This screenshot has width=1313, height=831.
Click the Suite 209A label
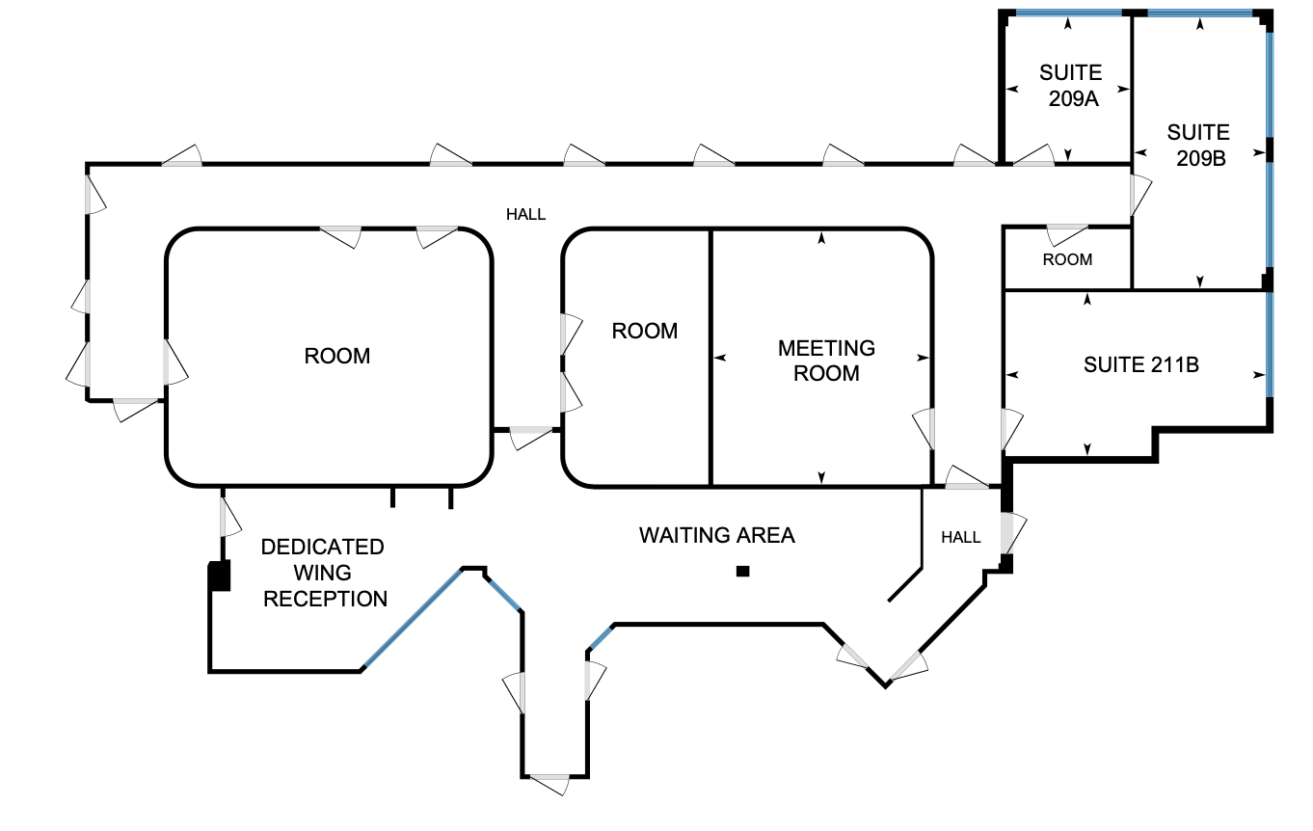point(1071,86)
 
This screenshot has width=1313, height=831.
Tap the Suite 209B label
point(1198,146)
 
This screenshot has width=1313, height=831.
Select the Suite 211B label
point(1140,365)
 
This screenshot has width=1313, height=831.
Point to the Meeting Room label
point(826,361)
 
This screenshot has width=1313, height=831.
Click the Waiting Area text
point(717,535)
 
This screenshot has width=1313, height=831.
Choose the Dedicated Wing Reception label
point(324,573)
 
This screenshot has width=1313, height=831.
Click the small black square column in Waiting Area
point(742,571)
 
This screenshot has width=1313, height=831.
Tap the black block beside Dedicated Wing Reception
point(219,576)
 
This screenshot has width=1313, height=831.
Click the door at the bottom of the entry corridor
point(549,783)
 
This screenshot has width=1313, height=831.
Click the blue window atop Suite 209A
point(1068,13)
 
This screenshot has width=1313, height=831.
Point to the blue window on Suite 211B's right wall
point(1270,344)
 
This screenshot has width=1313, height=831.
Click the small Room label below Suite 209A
point(1067,259)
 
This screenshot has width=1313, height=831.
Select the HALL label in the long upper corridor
point(525,214)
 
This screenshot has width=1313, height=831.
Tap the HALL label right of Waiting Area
point(961,537)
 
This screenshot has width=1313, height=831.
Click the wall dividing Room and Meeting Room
point(710,358)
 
